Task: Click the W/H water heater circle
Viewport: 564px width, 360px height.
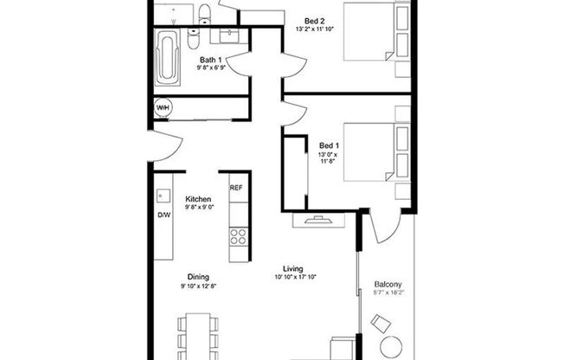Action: click(163, 108)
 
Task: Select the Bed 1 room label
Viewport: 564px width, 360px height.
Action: click(329, 145)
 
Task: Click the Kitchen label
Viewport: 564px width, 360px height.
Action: click(198, 198)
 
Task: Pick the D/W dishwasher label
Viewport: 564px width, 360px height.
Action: click(163, 215)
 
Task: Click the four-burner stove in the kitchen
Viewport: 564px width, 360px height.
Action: click(237, 235)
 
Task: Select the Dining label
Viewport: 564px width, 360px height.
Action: click(198, 277)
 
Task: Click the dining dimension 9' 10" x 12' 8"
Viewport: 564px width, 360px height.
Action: click(198, 286)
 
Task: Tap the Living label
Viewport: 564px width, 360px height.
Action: click(294, 269)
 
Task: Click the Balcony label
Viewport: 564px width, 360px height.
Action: click(388, 285)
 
